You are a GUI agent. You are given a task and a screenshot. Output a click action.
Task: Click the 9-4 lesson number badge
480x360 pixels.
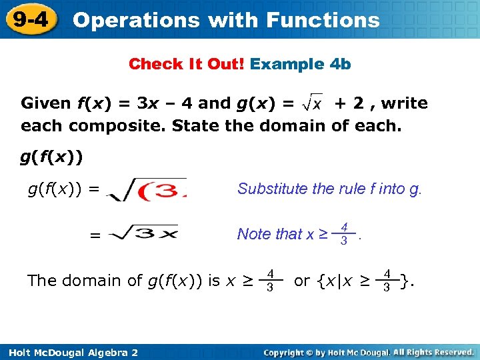pyautogui.click(x=29, y=19)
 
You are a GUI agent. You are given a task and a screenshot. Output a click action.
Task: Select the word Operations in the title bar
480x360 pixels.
pyautogui.click(x=136, y=20)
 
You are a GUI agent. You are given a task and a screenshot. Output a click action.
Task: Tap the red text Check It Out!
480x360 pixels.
pyautogui.click(x=187, y=64)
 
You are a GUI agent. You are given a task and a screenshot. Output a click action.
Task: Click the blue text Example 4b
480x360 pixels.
pyautogui.click(x=301, y=64)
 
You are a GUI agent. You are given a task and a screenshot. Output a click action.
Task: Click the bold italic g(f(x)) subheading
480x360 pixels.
pyautogui.click(x=51, y=157)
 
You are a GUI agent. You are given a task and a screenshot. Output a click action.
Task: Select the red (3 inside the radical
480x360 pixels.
pyautogui.click(x=160, y=191)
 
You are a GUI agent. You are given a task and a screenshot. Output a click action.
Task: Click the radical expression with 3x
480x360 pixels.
pyautogui.click(x=145, y=235)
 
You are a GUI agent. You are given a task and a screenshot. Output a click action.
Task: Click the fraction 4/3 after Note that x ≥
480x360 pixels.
pyautogui.click(x=343, y=234)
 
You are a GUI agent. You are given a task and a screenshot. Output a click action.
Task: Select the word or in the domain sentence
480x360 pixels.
pyautogui.click(x=301, y=281)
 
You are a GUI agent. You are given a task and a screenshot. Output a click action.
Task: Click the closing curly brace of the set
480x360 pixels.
pyautogui.click(x=405, y=281)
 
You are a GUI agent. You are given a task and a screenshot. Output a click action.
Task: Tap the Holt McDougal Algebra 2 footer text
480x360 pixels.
pyautogui.click(x=70, y=352)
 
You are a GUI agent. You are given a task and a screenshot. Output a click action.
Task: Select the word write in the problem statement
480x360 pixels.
pyautogui.click(x=404, y=103)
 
